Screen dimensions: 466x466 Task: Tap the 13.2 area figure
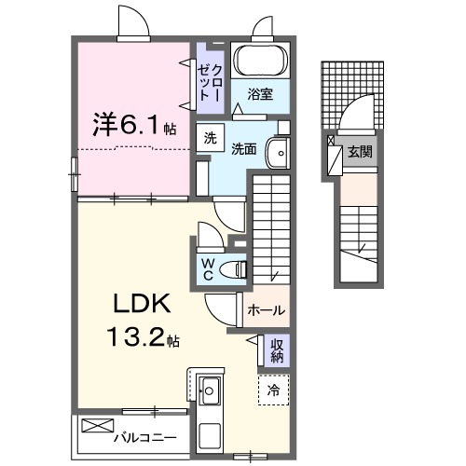(141, 337)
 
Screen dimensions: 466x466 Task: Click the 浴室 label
(261, 93)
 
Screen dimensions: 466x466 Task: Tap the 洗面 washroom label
(244, 147)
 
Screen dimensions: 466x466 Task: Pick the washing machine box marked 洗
(211, 137)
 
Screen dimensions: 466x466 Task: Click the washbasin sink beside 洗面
(276, 152)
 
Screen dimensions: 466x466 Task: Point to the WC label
(209, 268)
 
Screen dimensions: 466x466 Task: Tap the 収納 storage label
(277, 350)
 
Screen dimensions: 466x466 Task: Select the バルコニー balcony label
(144, 436)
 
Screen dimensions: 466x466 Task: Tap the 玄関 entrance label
(359, 150)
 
